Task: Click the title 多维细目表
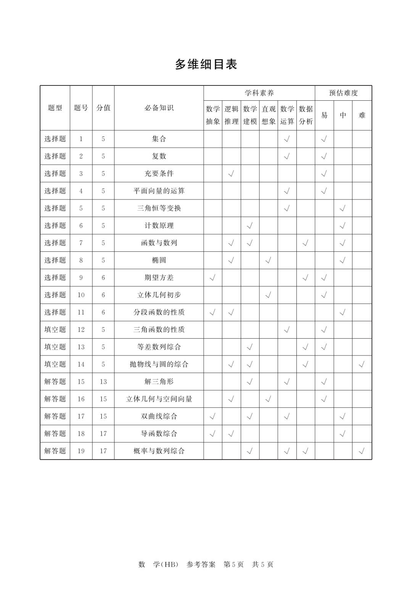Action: click(x=206, y=64)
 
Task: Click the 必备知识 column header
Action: click(x=159, y=108)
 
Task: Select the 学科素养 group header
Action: click(x=259, y=93)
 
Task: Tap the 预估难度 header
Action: click(x=343, y=93)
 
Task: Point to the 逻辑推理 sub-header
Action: click(x=231, y=115)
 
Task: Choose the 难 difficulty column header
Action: click(x=362, y=115)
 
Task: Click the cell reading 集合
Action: click(x=159, y=139)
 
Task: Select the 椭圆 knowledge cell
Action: click(x=159, y=260)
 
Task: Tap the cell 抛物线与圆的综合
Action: click(x=159, y=364)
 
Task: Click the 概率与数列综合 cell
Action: click(x=159, y=451)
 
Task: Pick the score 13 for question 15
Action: click(x=103, y=382)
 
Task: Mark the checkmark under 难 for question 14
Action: click(x=362, y=365)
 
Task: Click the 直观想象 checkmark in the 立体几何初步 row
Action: click(x=268, y=295)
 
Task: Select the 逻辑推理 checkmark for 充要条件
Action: click(x=231, y=174)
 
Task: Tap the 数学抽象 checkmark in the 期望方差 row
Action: click(x=212, y=278)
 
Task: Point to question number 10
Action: click(x=81, y=295)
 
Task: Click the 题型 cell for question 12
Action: click(x=55, y=330)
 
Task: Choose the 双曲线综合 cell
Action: click(x=159, y=416)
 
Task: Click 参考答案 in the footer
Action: click(x=201, y=564)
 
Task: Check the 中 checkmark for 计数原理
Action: click(x=343, y=226)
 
